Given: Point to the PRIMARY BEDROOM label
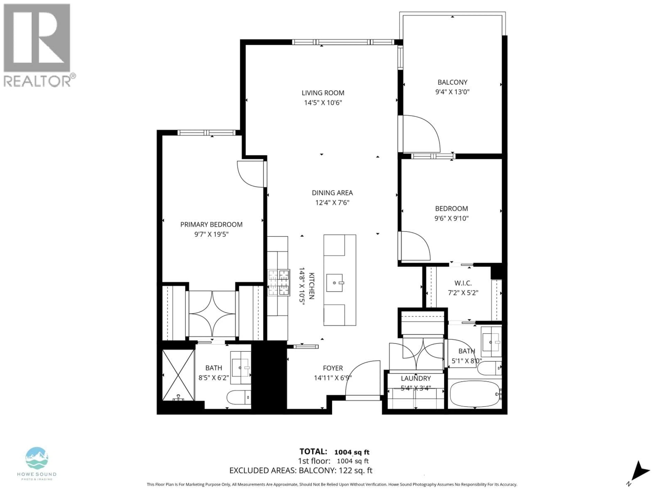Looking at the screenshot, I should [x=211, y=225].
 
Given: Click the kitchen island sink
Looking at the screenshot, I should [x=334, y=283].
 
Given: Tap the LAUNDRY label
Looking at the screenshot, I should [x=416, y=379].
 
